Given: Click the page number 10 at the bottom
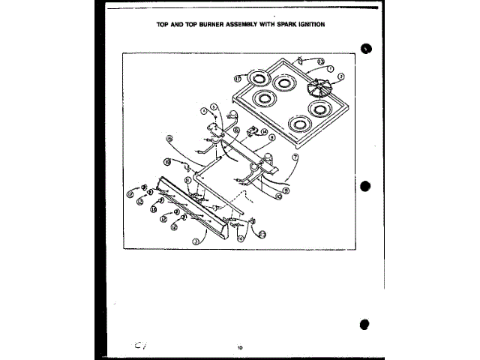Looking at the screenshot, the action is [x=239, y=346].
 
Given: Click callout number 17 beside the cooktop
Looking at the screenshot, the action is [x=237, y=78].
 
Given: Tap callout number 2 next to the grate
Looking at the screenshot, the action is [x=340, y=76].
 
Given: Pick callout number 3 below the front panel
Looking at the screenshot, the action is [x=196, y=241].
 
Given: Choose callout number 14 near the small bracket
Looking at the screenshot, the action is [x=264, y=131].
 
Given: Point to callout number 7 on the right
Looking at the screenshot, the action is [x=295, y=157].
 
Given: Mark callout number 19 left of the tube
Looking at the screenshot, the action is [x=168, y=161].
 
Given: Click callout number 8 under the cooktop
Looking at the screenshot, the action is [x=271, y=138].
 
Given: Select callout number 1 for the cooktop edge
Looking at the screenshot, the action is [x=329, y=69].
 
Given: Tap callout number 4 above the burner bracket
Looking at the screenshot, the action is [x=202, y=111].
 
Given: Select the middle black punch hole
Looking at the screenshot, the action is [x=365, y=185].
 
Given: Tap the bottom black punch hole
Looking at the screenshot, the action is [x=365, y=325].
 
